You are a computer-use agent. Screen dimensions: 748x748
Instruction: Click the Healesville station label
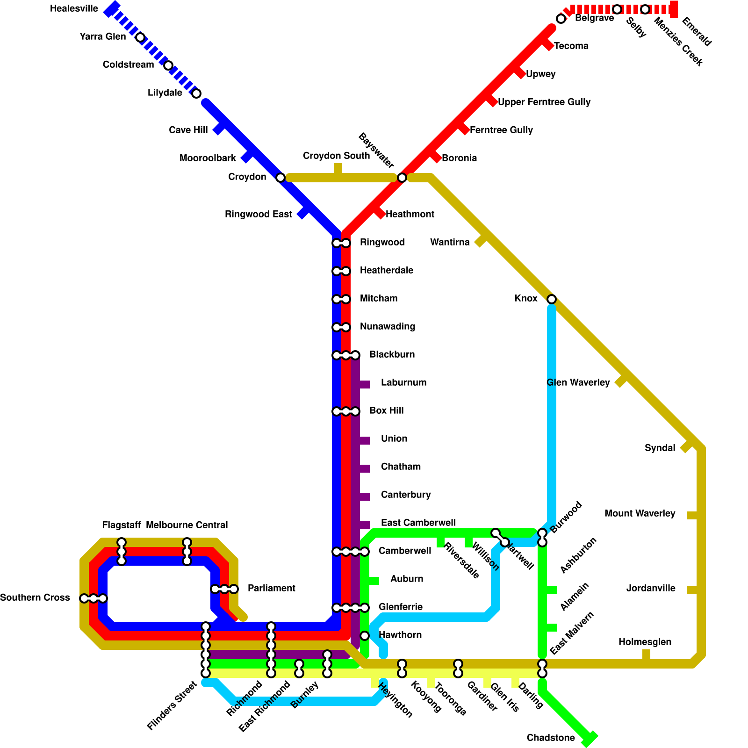[x=74, y=9]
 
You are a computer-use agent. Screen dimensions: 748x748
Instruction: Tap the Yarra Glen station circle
[x=140, y=37]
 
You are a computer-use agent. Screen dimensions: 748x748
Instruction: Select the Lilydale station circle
[x=196, y=93]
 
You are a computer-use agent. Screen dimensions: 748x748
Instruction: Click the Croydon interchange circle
[x=280, y=178]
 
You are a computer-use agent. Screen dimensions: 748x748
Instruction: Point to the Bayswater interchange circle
[x=402, y=178]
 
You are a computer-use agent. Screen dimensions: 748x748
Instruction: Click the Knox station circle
[x=552, y=299]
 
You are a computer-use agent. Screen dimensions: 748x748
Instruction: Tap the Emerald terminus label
[x=697, y=32]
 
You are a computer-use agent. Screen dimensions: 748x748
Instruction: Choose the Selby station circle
[x=617, y=9]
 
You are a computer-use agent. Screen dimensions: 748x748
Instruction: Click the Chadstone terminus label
[x=551, y=738]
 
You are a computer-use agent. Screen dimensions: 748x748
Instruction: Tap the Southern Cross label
[x=35, y=597]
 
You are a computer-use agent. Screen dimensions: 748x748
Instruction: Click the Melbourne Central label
[x=187, y=525]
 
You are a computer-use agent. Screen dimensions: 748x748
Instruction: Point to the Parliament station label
[x=271, y=588]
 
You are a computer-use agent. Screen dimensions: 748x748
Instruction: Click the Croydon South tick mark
[x=338, y=168]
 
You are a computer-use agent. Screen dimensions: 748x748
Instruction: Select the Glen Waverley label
[x=578, y=382]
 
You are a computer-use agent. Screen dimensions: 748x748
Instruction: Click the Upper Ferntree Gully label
[x=544, y=102]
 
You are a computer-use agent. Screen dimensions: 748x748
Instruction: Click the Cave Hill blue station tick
[x=218, y=129]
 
